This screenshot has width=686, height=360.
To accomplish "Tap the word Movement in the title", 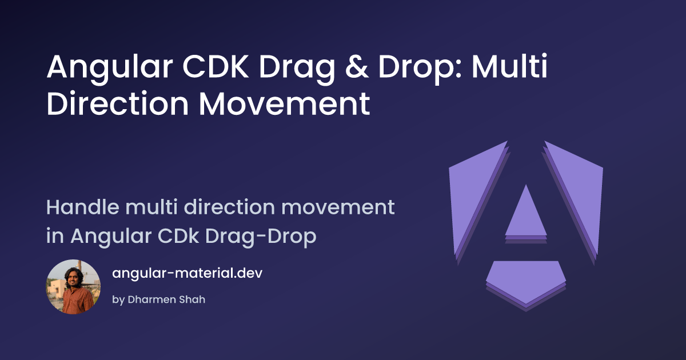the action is (285, 103).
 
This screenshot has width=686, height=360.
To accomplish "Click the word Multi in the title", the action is (509, 66).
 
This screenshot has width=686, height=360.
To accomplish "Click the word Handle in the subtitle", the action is (83, 207).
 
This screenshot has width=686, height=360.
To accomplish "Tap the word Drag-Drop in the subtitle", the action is (261, 236).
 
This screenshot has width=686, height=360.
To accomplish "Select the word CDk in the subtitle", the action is (178, 235).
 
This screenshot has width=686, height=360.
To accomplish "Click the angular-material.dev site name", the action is (187, 273).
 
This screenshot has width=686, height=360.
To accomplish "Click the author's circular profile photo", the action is (73, 287).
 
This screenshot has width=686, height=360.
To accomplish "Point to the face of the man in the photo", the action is (72, 277).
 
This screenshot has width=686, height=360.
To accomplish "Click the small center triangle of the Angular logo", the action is (526, 211).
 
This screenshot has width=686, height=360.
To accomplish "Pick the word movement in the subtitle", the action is (338, 207).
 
